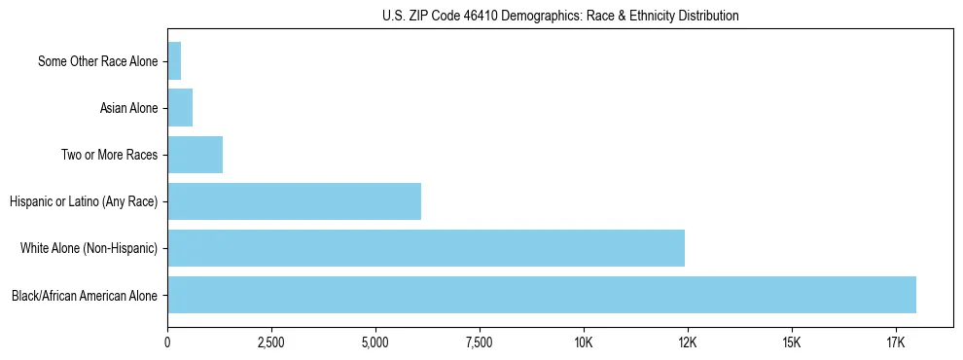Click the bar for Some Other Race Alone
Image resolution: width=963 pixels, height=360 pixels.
click(x=174, y=61)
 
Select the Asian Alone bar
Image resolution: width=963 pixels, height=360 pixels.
click(x=180, y=108)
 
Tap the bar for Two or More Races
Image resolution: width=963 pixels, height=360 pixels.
click(x=195, y=155)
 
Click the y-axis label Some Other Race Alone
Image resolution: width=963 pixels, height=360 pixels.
click(x=97, y=61)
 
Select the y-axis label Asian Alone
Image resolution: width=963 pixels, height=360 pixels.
click(x=128, y=108)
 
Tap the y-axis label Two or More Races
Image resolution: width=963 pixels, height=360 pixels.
click(x=109, y=155)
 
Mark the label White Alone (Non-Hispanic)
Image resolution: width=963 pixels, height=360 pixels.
click(x=89, y=248)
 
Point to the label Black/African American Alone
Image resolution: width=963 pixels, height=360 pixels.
click(x=85, y=295)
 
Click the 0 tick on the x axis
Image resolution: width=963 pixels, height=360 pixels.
click(x=167, y=343)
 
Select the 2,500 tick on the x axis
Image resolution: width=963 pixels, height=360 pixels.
click(x=271, y=343)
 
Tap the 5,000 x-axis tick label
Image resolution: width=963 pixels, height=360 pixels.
click(x=375, y=343)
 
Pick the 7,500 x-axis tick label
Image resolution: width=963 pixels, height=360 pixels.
click(x=480, y=343)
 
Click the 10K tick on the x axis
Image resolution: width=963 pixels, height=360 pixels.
click(x=584, y=343)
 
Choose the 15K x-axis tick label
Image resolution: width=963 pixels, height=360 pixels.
click(x=792, y=343)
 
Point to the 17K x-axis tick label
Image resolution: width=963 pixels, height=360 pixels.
click(x=896, y=343)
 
